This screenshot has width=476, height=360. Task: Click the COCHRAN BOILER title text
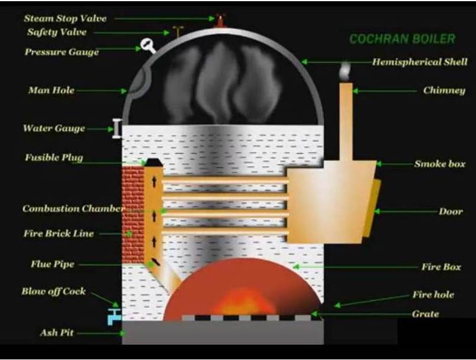pos(402,39)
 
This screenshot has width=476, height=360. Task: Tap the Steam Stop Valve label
pos(65,18)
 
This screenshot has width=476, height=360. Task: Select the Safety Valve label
pos(57,32)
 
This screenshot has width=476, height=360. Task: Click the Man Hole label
pos(51,90)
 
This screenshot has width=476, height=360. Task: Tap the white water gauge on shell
pos(118,128)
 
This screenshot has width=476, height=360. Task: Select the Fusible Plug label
pos(54,158)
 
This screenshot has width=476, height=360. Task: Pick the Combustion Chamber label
pos(73,209)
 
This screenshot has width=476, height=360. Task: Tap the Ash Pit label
pos(57,333)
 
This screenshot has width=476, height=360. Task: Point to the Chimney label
pos(444,90)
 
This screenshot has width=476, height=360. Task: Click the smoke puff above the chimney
pos(345,72)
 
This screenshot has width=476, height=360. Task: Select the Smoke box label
pos(439,163)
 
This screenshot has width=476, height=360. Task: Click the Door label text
pos(451,211)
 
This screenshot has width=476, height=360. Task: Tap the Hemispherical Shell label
pos(419,61)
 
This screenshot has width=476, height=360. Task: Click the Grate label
pos(425,314)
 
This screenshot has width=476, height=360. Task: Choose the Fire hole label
pos(433,294)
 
